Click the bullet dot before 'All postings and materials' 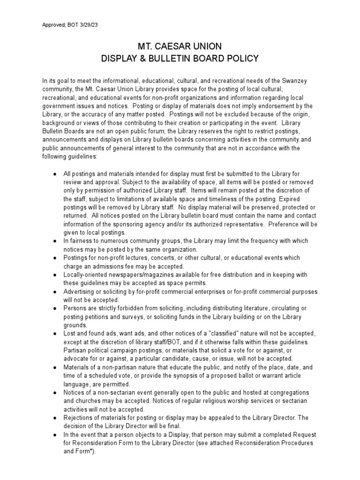pyautogui.click(x=55, y=174)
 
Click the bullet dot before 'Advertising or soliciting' pyautogui.click(x=55, y=292)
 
